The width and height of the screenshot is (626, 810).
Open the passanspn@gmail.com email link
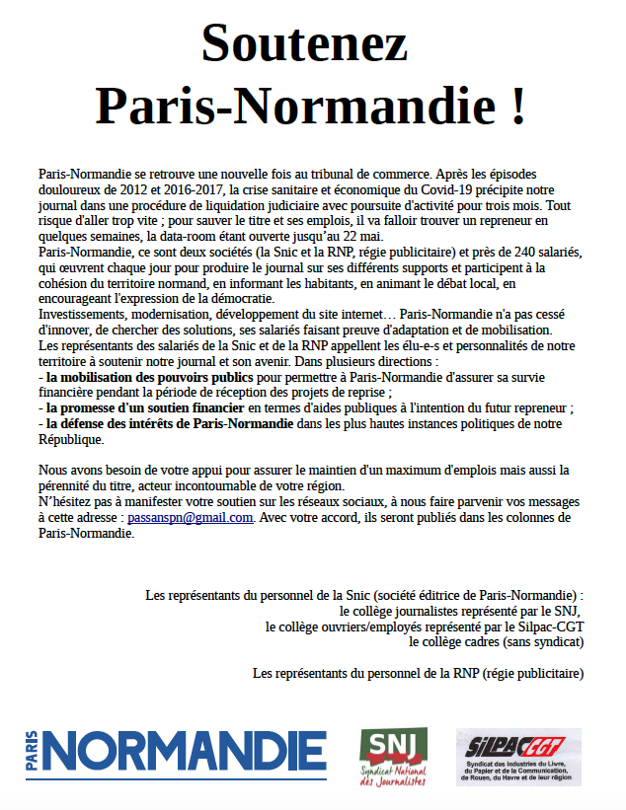tap(191, 517)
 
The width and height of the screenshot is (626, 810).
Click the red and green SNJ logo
tap(393, 757)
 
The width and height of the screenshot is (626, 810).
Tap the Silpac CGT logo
tap(518, 757)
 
